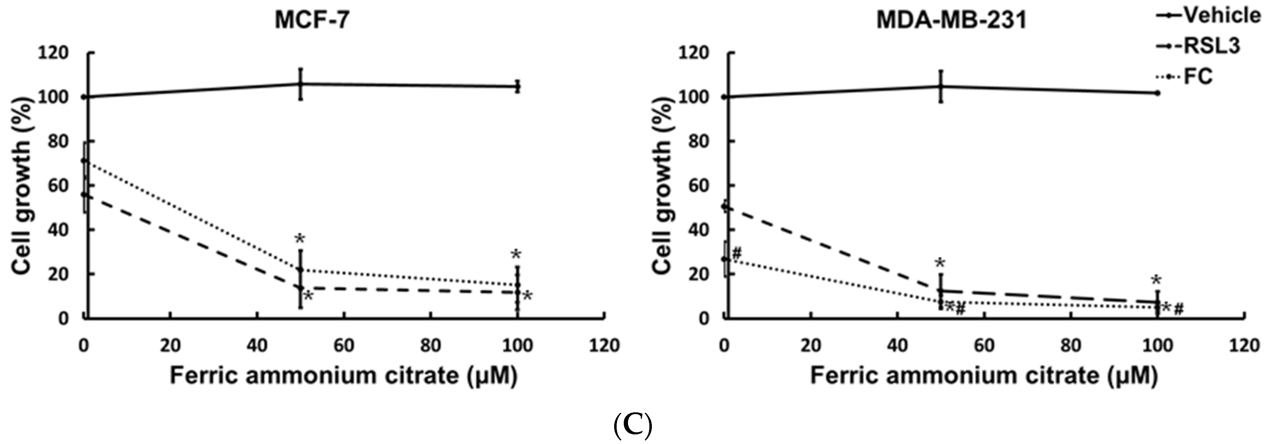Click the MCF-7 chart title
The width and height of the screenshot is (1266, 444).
coord(313,21)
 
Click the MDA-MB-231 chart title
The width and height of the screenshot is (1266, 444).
coord(952,21)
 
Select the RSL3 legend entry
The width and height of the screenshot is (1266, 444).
coord(1199,46)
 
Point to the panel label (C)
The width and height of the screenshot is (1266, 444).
coord(633,426)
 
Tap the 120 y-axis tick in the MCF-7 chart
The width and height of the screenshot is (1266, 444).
coord(54,53)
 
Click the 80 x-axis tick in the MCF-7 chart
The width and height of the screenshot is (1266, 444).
coord(431,346)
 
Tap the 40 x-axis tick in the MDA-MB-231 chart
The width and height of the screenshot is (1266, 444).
coord(898,346)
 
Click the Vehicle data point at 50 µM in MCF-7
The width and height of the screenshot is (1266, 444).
coord(300,84)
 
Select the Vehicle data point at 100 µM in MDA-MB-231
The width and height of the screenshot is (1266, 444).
coord(1158,93)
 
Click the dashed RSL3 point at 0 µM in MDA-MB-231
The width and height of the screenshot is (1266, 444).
coord(724,207)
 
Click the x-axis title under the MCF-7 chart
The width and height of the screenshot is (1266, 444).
coord(344,376)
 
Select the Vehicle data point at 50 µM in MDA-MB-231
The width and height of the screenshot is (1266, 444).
coord(941,86)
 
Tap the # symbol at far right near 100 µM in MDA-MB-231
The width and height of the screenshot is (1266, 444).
coord(1179,309)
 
